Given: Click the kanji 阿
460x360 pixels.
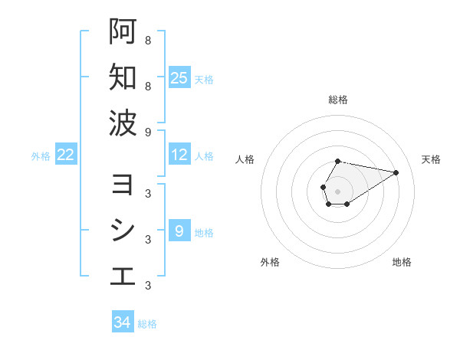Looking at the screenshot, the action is coord(123,32).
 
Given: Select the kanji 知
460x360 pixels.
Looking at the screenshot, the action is coord(123,77).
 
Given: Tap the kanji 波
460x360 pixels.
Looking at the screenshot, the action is coord(123,123).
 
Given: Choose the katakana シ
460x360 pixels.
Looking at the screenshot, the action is coord(123,231).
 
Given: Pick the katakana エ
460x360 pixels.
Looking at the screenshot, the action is coord(123,276).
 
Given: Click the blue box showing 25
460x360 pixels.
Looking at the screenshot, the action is coord(179,78).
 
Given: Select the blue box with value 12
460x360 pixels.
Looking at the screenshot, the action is coord(179,155).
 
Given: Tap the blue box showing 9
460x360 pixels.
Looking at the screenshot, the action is coord(179,231).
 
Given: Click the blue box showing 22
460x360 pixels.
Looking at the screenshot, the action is coord(66,155).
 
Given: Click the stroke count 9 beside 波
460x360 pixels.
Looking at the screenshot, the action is coord(147,132).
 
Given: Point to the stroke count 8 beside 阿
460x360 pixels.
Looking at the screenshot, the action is coord(147,41).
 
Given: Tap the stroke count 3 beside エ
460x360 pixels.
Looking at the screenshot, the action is coord(147,286).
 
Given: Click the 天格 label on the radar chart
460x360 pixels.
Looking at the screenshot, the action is coord(432,159).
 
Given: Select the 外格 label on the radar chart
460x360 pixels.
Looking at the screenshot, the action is coord(270,263).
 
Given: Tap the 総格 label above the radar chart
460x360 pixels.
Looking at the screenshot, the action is coord(338,100).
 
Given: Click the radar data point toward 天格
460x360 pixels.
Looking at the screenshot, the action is coord(396,172).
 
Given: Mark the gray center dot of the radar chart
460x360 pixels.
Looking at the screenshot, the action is coord(338,191).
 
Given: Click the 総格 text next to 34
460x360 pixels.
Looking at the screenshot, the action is coord(147,324).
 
